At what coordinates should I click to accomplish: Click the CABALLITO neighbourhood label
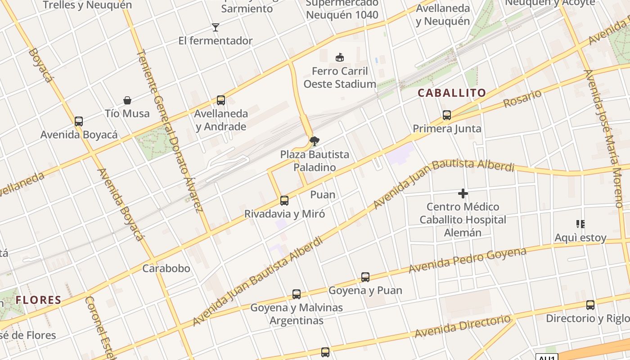[x=452, y=93]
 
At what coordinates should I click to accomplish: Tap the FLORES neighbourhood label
[x=38, y=300]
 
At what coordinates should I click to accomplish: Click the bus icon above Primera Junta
[x=446, y=115]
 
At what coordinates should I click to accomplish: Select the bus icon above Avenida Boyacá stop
[x=79, y=121]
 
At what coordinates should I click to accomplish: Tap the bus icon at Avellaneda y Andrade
[x=220, y=100]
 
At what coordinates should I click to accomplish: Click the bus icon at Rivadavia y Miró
[x=284, y=201]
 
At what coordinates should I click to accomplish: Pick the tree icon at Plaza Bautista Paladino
[x=315, y=141]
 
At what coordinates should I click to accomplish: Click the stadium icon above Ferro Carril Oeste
[x=340, y=58]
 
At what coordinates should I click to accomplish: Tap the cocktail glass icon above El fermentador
[x=216, y=27]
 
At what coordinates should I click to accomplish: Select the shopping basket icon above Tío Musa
[x=127, y=100]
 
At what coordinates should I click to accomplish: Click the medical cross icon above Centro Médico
[x=463, y=194]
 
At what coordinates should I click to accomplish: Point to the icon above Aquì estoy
[x=580, y=224]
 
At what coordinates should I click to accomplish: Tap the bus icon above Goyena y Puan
[x=365, y=277]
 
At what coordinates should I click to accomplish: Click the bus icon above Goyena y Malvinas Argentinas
[x=296, y=294]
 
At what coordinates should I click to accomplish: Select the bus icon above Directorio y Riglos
[x=590, y=305]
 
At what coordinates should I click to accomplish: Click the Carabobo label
[x=166, y=269]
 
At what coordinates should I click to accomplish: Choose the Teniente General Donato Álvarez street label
[x=169, y=130]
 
